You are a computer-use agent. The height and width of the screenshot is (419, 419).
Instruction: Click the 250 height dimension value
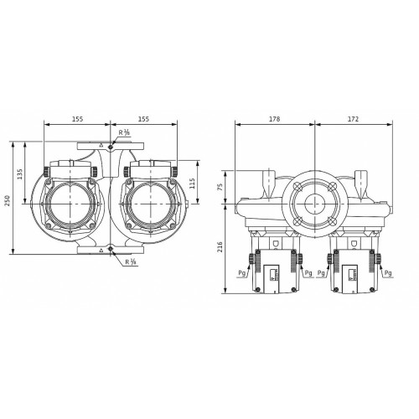8,200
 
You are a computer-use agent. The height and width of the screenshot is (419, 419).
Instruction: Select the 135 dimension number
20,173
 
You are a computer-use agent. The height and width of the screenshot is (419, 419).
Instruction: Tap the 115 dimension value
192,184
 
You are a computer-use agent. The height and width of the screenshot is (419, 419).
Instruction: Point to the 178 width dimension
274,119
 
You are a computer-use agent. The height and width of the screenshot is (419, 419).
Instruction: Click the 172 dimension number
353,119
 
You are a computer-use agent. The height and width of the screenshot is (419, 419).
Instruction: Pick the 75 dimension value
220,187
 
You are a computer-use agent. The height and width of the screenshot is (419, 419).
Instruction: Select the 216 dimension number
220,247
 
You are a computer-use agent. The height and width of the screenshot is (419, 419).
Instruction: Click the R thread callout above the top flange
124,132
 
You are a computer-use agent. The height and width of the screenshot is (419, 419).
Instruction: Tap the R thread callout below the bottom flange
131,262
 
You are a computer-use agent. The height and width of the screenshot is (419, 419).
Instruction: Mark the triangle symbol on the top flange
101,145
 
